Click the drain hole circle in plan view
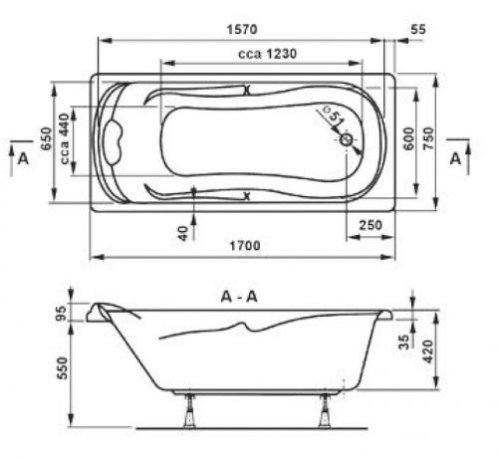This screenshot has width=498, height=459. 347,140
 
